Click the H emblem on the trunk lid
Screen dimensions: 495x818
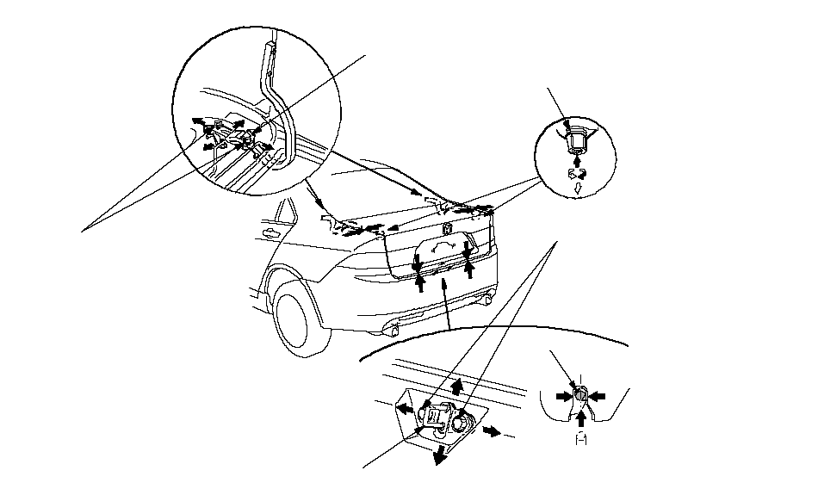point(449,230)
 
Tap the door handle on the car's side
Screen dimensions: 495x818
point(271,232)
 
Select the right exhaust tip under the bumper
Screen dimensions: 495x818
point(487,300)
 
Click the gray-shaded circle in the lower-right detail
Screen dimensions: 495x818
point(581,395)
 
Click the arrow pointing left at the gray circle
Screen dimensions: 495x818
point(598,395)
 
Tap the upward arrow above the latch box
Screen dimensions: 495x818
point(456,387)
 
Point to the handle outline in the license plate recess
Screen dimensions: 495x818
point(441,248)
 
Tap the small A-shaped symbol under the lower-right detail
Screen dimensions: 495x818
point(581,439)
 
